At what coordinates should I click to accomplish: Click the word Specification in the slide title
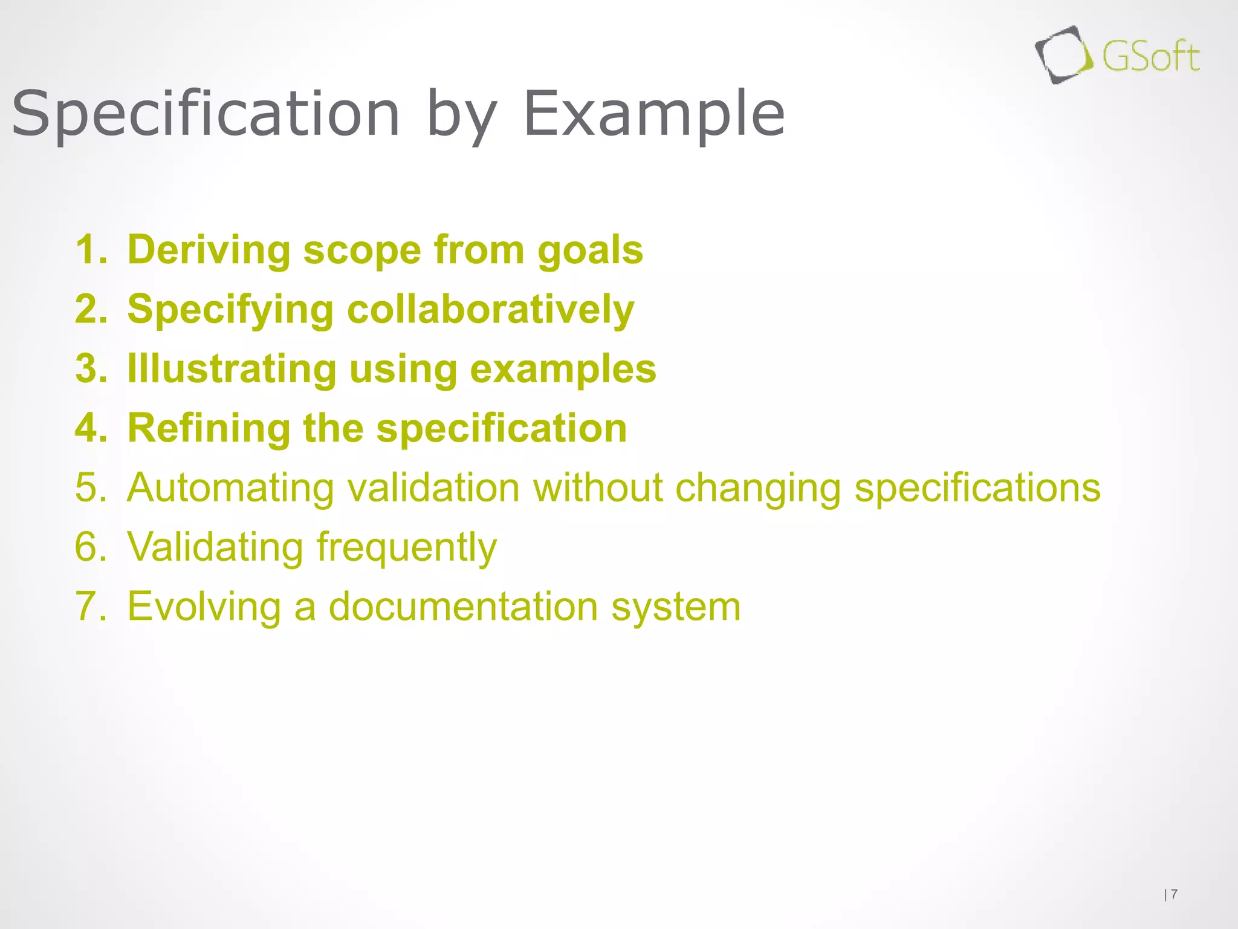(206, 114)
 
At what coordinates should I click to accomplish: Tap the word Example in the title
(654, 114)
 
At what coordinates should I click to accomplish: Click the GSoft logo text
(1150, 58)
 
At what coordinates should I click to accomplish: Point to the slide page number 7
(1174, 893)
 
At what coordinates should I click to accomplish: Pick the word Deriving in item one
(209, 250)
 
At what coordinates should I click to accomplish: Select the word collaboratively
(490, 310)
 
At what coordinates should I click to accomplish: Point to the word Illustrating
(232, 369)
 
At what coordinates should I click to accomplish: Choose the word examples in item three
(563, 369)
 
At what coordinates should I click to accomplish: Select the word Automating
(230, 487)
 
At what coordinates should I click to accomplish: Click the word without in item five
(597, 487)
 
